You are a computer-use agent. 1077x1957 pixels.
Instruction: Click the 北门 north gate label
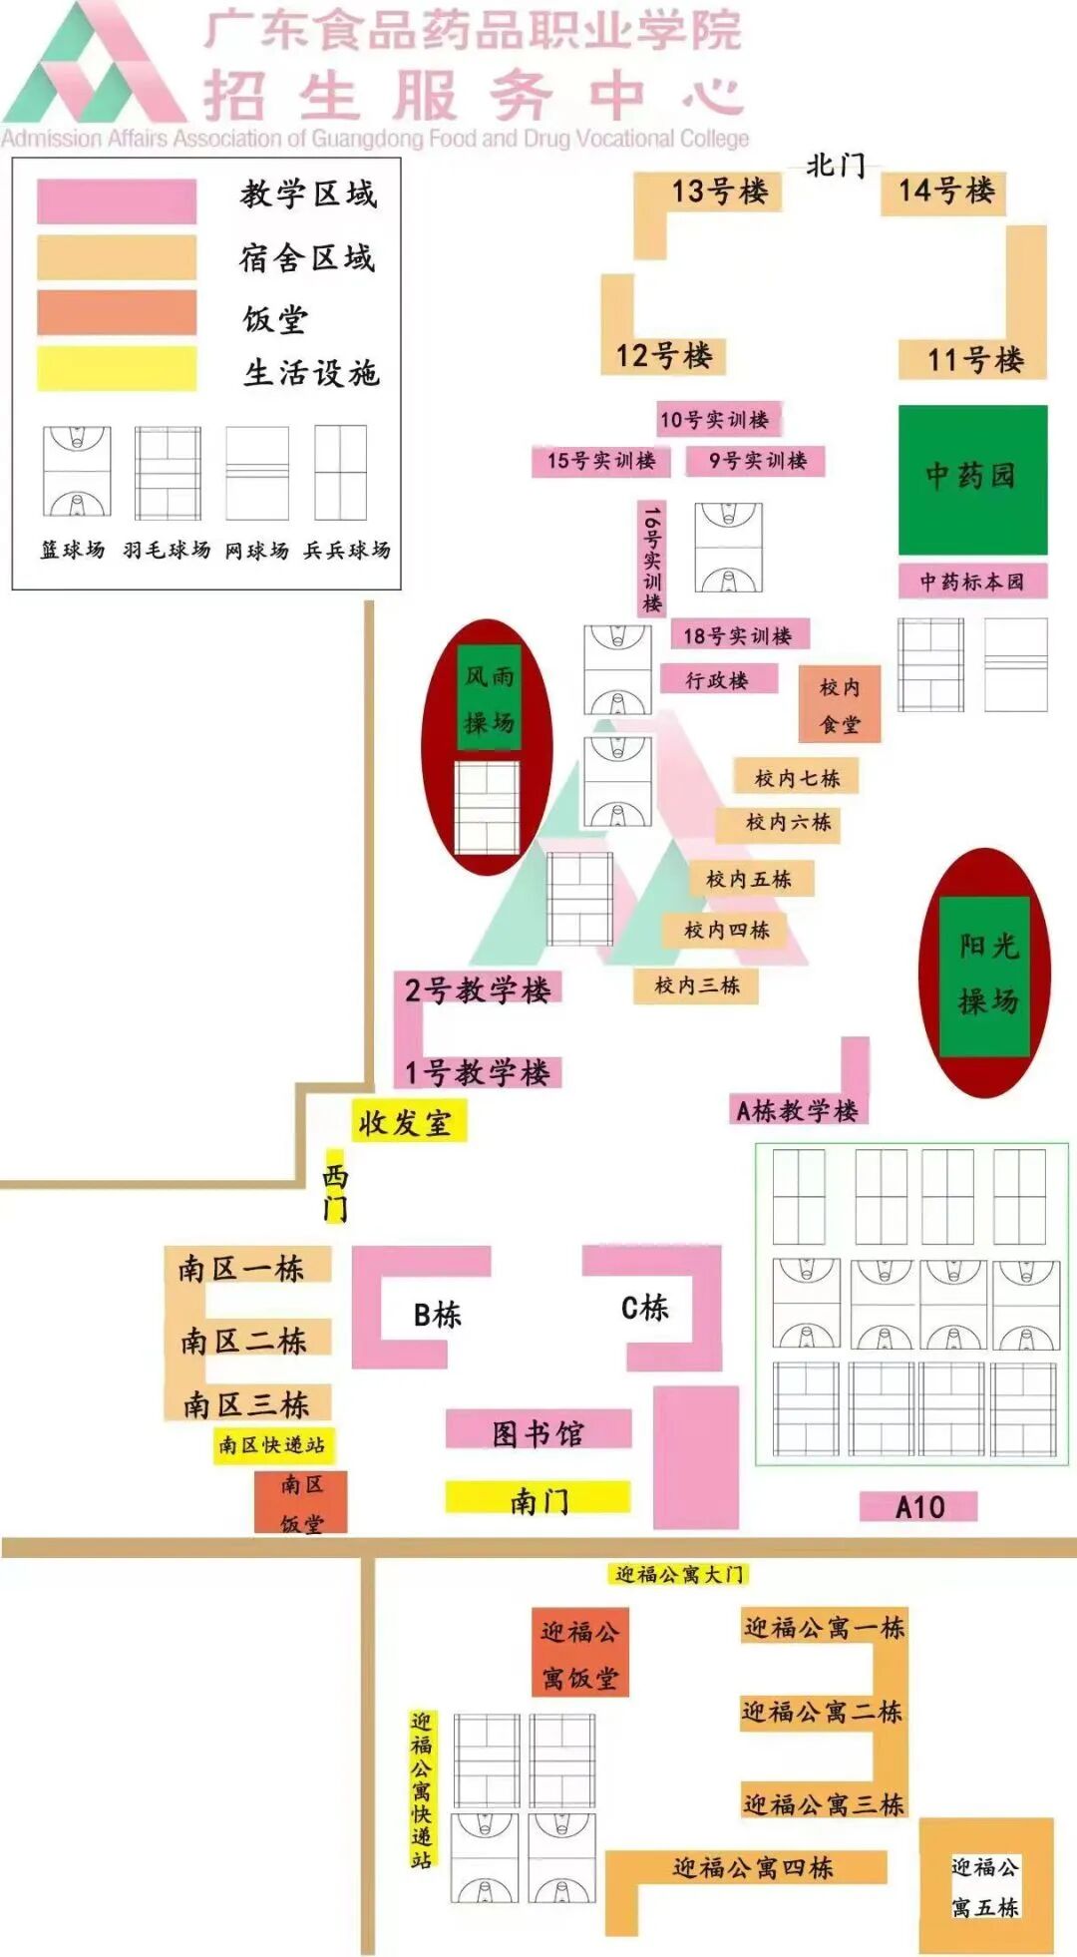[x=836, y=165]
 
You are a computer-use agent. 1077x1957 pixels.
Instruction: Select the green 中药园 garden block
[x=972, y=479]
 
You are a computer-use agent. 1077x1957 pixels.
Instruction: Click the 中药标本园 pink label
[x=972, y=582]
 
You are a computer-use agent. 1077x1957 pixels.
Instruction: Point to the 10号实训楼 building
[x=715, y=419]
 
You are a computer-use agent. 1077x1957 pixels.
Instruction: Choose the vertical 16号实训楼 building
[x=651, y=559]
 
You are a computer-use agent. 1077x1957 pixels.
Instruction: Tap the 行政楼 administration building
[x=717, y=680]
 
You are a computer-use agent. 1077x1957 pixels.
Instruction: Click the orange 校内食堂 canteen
[x=840, y=705]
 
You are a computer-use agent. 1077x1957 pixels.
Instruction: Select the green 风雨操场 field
[x=489, y=697]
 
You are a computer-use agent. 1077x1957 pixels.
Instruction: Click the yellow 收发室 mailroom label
[x=407, y=1122]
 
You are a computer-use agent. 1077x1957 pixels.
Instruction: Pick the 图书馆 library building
[x=538, y=1432]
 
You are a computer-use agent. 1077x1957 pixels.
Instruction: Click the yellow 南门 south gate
[x=538, y=1498]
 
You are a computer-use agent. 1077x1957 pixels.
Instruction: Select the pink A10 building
[x=918, y=1506]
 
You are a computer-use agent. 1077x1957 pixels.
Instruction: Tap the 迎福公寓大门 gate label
[x=679, y=1574]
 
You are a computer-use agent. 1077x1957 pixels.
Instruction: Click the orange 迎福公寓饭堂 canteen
[x=579, y=1654]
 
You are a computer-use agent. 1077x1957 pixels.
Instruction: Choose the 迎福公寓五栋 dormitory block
[x=985, y=1885]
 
